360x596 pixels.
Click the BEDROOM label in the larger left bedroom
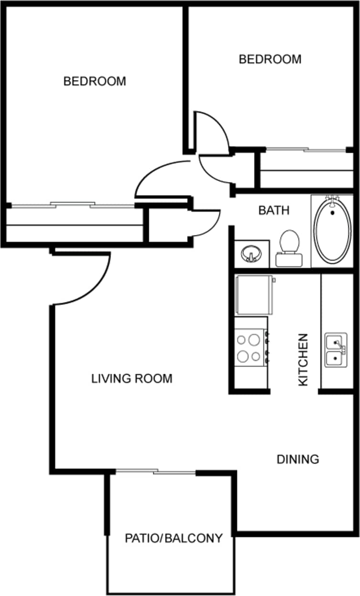pos(95,81)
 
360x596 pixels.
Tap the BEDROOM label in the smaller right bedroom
pos(270,59)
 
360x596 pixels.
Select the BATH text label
pos(274,210)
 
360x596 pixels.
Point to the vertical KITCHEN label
pos(303,359)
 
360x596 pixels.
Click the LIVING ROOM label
pos(131,379)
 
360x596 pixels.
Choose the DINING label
pos(298,459)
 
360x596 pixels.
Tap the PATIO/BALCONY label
pos(174,539)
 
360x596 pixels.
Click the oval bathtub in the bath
pos(332,231)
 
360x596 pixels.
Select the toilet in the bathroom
pos(289,246)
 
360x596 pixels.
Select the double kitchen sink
pos(336,350)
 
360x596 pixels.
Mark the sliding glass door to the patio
pos(155,473)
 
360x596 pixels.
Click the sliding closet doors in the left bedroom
pos(72,206)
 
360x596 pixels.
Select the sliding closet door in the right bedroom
pos(306,150)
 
